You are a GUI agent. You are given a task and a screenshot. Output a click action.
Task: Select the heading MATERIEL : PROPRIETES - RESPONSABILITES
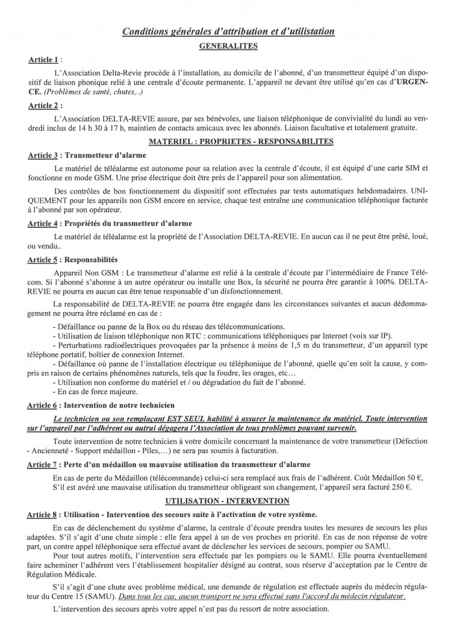(227, 142)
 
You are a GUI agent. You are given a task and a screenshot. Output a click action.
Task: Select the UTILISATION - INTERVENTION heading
(227, 500)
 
